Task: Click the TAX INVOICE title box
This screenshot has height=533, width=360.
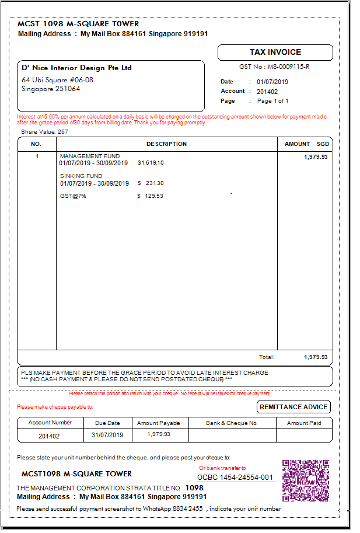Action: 275,53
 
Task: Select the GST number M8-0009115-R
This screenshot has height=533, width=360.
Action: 274,67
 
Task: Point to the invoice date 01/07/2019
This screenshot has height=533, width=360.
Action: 272,82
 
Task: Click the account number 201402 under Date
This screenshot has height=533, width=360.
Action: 267,92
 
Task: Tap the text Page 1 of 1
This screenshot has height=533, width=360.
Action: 273,101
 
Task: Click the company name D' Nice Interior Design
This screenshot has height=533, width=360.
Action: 76,68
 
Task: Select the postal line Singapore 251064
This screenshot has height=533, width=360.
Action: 51,89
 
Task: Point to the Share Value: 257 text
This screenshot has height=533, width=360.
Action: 44,132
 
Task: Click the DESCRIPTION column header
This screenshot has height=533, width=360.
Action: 166,144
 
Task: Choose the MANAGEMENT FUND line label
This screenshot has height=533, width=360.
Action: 90,156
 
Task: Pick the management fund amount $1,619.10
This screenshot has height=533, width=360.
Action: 151,163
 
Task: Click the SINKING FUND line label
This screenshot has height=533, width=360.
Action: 81,176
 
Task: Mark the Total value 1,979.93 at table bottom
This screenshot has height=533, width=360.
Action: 316,357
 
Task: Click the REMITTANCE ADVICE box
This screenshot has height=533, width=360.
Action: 294,407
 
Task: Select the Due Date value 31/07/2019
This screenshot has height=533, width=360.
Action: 107,436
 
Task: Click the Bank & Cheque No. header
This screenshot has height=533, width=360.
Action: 232,423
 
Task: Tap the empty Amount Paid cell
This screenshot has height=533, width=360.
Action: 303,436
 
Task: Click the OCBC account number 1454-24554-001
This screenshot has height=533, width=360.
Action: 235,478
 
